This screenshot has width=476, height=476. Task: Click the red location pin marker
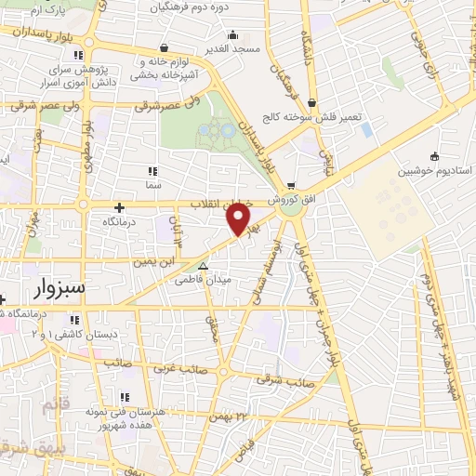click(x=239, y=218)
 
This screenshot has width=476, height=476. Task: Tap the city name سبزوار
click(x=59, y=286)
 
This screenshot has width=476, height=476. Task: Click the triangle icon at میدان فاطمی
click(x=203, y=265)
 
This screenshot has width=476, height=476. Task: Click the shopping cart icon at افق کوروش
click(x=291, y=185)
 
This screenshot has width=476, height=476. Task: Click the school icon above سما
click(x=152, y=171)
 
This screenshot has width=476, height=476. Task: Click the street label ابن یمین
click(x=152, y=263)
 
